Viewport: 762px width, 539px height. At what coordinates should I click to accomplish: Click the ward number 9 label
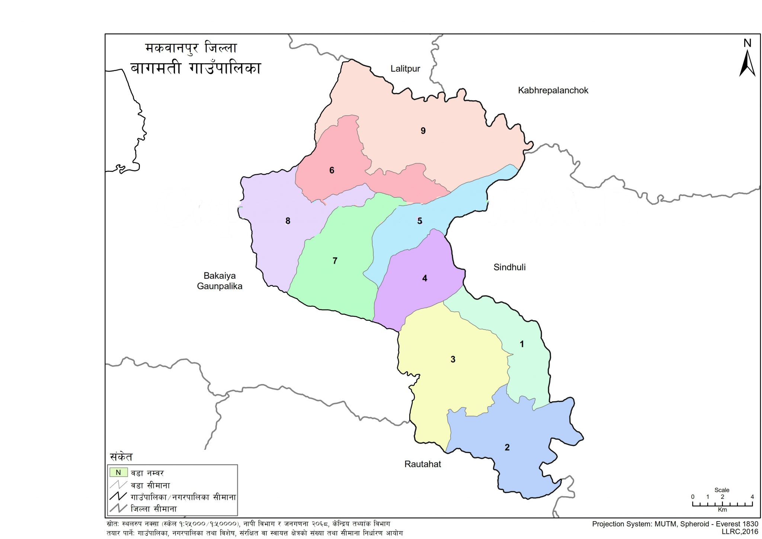tap(423, 131)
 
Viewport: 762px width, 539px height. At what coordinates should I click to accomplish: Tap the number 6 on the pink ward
tap(332, 170)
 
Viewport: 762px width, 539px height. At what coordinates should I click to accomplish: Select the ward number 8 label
tap(288, 221)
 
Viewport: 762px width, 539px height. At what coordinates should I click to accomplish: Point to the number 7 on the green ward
tap(335, 261)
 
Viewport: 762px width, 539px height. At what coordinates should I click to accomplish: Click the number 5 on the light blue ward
tap(419, 221)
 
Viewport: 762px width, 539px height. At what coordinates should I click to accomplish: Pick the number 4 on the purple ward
tap(425, 278)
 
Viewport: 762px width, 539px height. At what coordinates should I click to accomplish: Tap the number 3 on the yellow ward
tap(453, 359)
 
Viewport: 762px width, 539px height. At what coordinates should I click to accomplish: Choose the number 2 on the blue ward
tap(507, 448)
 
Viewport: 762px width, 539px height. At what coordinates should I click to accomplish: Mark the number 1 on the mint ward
tap(522, 344)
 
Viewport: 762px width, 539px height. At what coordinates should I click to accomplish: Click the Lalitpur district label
tap(405, 69)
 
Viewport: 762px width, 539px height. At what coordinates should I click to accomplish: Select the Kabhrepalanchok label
tap(553, 90)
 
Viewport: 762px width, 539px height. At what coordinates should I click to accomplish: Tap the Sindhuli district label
tap(509, 267)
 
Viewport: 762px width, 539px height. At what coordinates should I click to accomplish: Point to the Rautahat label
tap(423, 464)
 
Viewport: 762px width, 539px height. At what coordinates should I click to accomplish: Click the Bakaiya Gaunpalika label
tap(220, 281)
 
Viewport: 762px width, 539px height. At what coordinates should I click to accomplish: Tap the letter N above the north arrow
tap(747, 43)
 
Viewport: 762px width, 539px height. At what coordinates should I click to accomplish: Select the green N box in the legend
tap(118, 472)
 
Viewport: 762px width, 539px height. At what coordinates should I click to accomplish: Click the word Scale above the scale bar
tap(721, 490)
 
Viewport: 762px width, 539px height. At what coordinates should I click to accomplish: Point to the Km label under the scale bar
tap(722, 510)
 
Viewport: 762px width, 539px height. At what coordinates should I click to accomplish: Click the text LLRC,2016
tap(740, 532)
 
